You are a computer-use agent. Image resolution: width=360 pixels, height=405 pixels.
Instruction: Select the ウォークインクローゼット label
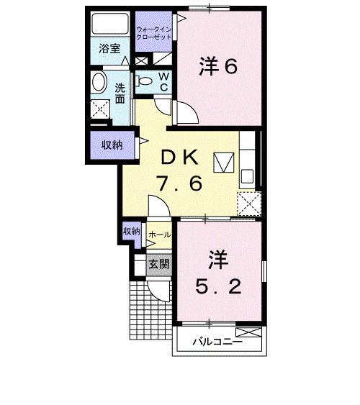pyautogui.click(x=153, y=32)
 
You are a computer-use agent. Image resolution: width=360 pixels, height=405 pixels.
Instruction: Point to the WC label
pyautogui.click(x=163, y=81)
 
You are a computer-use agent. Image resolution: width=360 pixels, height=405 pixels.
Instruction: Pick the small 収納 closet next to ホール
pyautogui.click(x=131, y=232)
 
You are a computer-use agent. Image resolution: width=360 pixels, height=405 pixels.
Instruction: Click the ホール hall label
pyautogui.click(x=158, y=235)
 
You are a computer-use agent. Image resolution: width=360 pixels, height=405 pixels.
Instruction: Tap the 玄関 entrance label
pyautogui.click(x=158, y=263)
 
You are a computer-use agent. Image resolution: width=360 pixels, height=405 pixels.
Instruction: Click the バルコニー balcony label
pyautogui.click(x=216, y=342)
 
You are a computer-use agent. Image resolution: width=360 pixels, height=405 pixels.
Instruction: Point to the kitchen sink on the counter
pyautogui.click(x=248, y=174)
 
